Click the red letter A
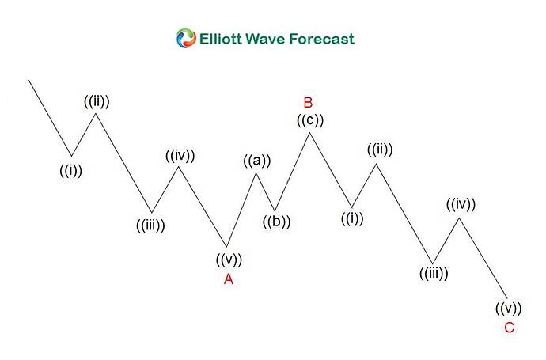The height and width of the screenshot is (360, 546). click(229, 279)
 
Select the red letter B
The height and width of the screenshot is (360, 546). click(308, 103)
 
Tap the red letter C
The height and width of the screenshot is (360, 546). click(509, 328)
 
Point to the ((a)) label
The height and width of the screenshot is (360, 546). click(257, 161)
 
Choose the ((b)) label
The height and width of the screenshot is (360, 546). click(276, 222)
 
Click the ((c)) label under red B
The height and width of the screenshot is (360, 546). click(310, 120)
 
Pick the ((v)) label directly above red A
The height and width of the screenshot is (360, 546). click(229, 260)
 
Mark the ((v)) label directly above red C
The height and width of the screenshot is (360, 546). click(508, 308)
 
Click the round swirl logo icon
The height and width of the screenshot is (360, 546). click(186, 38)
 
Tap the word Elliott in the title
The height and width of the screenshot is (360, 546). click(221, 39)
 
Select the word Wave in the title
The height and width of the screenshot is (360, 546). click(266, 39)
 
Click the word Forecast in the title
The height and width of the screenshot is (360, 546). click(322, 39)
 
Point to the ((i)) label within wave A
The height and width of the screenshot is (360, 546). click(71, 171)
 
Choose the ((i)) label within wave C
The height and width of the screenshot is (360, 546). click(352, 218)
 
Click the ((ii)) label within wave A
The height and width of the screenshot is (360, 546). click(97, 101)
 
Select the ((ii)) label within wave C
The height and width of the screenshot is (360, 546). click(380, 150)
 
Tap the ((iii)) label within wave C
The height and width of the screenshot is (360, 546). click(434, 274)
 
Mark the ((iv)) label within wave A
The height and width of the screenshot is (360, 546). click(180, 156)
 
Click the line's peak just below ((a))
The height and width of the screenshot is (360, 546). click(256, 172)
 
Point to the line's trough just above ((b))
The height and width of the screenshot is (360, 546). click(275, 210)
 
